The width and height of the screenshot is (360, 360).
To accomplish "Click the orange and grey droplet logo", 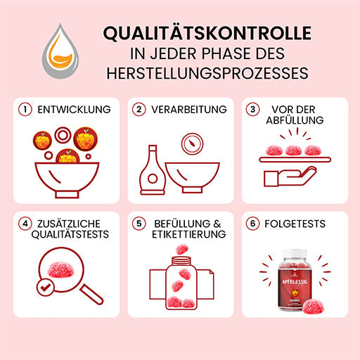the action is pos(60,51).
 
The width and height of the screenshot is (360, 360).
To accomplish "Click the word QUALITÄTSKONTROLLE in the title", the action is pos(207,34).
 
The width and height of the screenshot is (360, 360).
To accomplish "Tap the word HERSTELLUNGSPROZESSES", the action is pos(207,73).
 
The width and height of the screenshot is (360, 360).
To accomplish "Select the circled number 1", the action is pos(25,110).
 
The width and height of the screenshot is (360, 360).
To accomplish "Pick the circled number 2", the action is pos(139,110).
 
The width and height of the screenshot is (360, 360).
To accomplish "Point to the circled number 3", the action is pos(252,110).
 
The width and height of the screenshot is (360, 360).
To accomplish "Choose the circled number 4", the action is pos(25,224).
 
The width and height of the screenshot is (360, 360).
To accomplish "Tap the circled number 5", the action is pos(139,224).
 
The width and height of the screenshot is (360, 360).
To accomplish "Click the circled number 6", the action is pos(252,224).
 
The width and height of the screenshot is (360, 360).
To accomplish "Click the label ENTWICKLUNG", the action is pos(74,110).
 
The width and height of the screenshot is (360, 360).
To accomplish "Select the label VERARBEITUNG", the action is pos(189,110).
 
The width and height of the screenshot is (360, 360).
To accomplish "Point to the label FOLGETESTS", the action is pos(295,224).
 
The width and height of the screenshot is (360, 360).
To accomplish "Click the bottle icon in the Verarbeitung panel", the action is pos(153,170).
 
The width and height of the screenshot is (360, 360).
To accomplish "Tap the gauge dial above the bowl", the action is pos(192,144).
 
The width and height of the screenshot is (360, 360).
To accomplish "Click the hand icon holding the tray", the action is pos(290,176).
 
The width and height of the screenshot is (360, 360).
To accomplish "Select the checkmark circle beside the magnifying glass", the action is pos(45,288).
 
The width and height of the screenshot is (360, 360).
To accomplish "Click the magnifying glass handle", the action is pos(91,295).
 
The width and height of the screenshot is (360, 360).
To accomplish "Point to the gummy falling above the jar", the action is pos(182,250).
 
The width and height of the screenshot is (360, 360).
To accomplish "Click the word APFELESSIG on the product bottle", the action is pos(295,281).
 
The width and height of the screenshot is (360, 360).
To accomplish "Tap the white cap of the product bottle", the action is pos(295,254).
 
